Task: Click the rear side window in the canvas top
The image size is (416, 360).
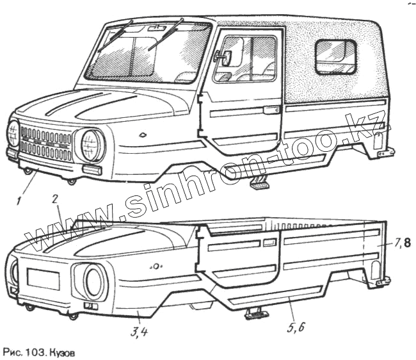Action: pos(336,56)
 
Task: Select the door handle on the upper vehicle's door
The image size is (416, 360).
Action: pos(271,110)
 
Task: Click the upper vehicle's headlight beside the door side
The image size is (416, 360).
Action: pos(91,145)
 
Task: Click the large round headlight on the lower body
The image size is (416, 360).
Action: pos(94,281)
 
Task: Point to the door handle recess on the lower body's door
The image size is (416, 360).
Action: pos(269,243)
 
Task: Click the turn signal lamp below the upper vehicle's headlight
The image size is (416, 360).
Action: pos(92,170)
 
